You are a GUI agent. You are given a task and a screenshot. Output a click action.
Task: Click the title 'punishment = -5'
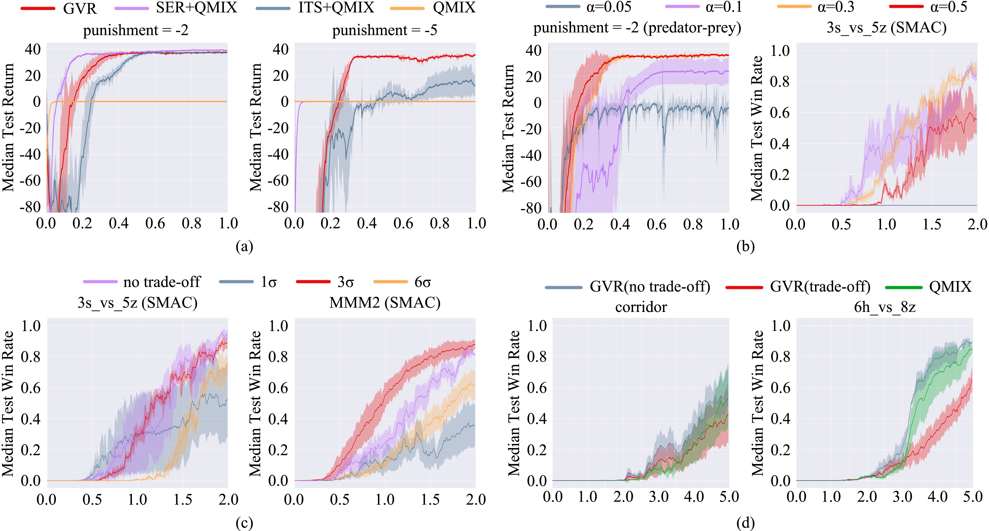[x=385, y=30]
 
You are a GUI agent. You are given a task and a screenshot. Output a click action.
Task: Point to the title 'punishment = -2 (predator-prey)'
[x=637, y=28]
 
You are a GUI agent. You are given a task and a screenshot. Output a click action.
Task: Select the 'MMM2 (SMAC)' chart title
[x=385, y=303]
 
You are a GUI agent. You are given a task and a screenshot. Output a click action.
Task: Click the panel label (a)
[x=244, y=246]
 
